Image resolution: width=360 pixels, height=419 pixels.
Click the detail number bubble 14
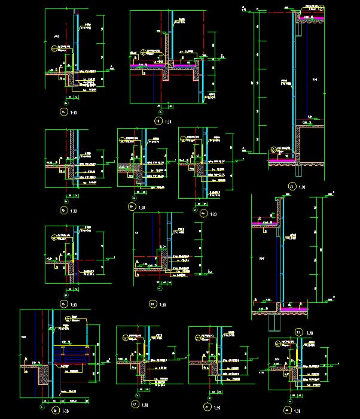pos(60,111)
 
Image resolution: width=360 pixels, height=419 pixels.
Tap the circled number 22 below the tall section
pos(291,186)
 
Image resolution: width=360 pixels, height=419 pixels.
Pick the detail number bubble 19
pos(131,207)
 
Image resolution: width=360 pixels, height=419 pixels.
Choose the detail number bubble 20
pos(152,305)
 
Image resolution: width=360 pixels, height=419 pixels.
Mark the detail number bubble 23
pos(298,332)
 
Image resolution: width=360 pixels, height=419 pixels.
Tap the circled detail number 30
pos(54,411)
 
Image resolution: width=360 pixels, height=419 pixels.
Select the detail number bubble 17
pos(134,404)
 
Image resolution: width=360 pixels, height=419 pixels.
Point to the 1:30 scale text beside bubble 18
pos(168,122)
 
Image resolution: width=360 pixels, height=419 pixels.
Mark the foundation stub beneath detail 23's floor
pos(274,323)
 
